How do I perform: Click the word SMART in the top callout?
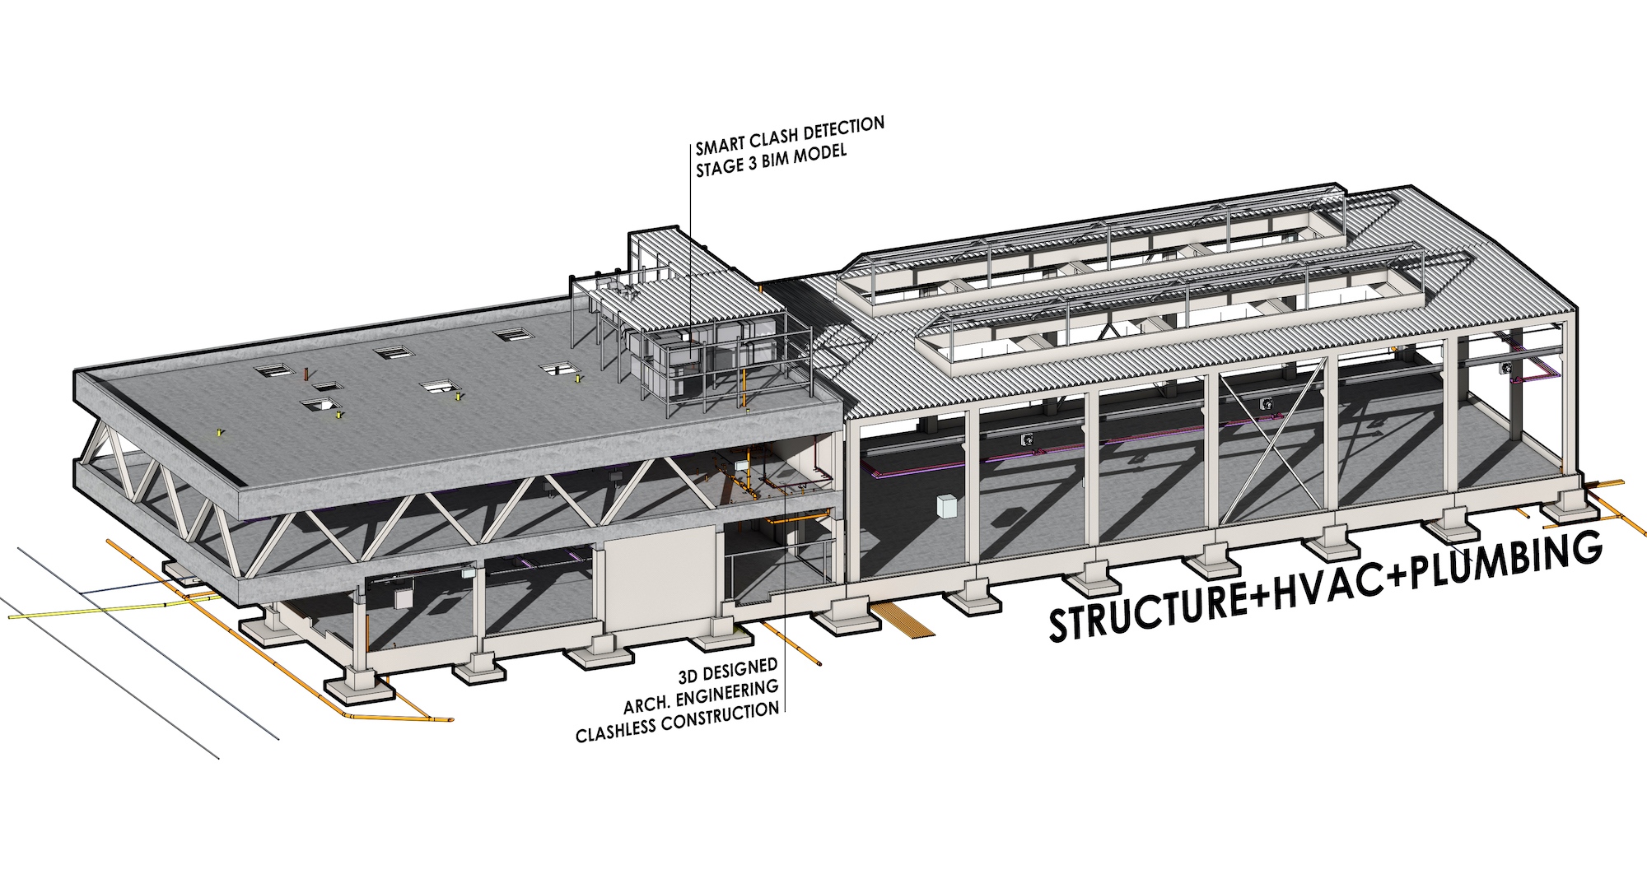click(719, 146)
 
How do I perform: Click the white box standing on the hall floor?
click(947, 505)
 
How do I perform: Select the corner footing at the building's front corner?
click(360, 688)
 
